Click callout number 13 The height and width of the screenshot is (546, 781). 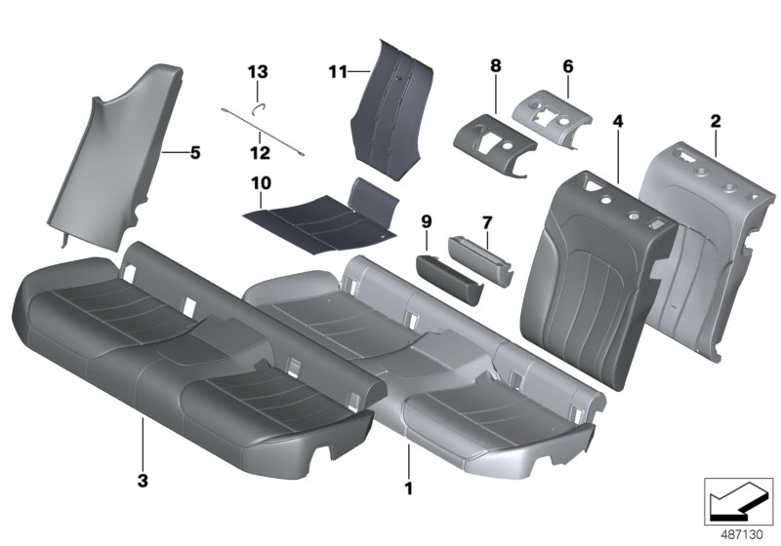click(257, 72)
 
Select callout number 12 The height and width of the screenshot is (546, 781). click(257, 153)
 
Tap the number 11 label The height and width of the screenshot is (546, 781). click(337, 71)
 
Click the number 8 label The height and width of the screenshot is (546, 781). click(496, 65)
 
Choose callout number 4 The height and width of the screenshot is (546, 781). click(617, 122)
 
